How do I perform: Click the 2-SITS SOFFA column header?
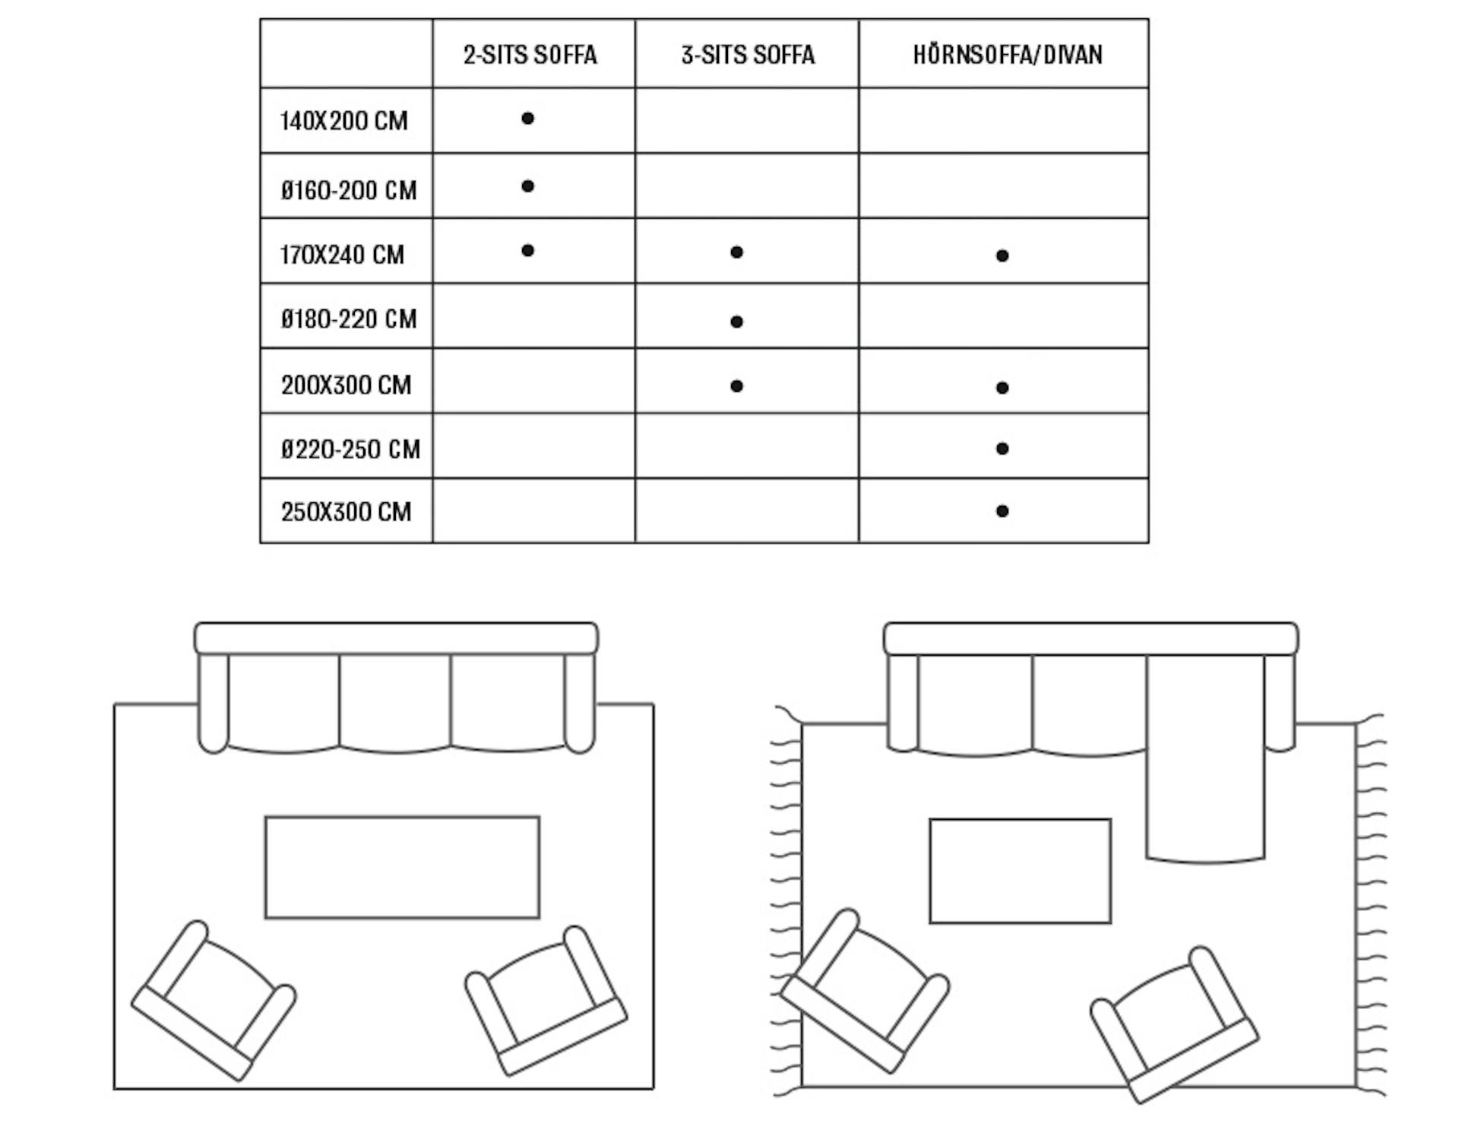530,55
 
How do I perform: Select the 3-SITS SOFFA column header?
748,55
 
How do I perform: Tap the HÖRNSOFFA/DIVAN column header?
1007,55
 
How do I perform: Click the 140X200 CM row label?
343,121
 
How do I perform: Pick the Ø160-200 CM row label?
349,190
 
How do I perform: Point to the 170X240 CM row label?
342,255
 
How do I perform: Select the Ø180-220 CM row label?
349,319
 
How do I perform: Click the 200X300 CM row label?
346,385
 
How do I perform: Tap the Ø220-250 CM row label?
350,450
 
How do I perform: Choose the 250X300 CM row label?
346,512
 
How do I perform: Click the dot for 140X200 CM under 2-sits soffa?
527,119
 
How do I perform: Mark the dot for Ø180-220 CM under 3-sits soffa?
736,321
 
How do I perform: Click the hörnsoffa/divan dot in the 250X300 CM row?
1002,511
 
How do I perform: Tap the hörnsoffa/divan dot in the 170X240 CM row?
1002,256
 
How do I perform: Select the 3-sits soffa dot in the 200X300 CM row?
736,386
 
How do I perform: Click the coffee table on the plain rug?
402,868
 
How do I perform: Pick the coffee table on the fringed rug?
1020,872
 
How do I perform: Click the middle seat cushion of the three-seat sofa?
395,703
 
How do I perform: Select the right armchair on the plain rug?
546,1001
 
